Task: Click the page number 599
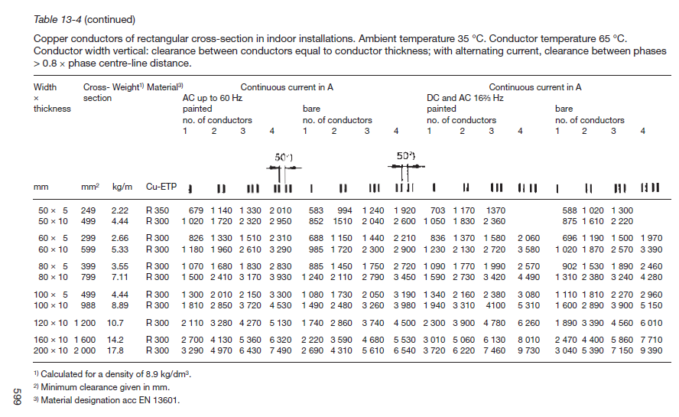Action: tap(16, 397)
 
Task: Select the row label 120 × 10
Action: tap(53, 323)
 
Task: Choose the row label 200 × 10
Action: tap(53, 351)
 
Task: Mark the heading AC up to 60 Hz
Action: tap(211, 98)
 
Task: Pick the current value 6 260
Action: tap(528, 323)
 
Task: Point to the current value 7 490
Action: tap(281, 351)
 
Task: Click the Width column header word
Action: tap(45, 87)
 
